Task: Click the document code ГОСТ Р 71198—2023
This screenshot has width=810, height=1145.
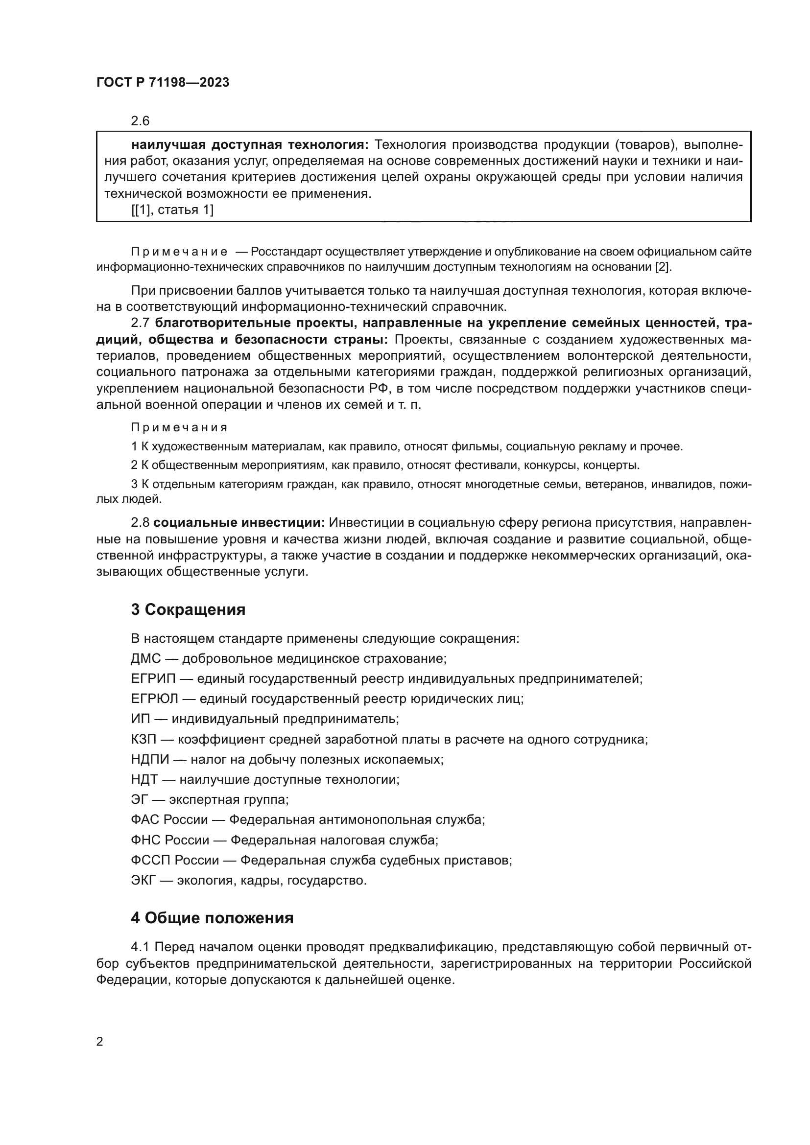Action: (x=163, y=83)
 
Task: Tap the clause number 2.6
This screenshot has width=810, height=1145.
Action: (x=140, y=121)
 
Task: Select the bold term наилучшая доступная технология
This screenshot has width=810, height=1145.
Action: (x=249, y=145)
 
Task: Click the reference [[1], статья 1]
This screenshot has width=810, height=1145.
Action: (x=172, y=210)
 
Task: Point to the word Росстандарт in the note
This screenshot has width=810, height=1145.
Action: (x=281, y=252)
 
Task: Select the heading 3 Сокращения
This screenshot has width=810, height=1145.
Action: (x=188, y=609)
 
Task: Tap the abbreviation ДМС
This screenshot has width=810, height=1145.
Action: (x=145, y=659)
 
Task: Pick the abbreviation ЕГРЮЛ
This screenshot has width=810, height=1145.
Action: (x=154, y=699)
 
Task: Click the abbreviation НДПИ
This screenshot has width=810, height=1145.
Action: (x=150, y=760)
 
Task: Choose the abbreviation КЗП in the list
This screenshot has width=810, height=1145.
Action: (x=143, y=739)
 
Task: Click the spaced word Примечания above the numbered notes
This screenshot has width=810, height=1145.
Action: (x=179, y=427)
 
